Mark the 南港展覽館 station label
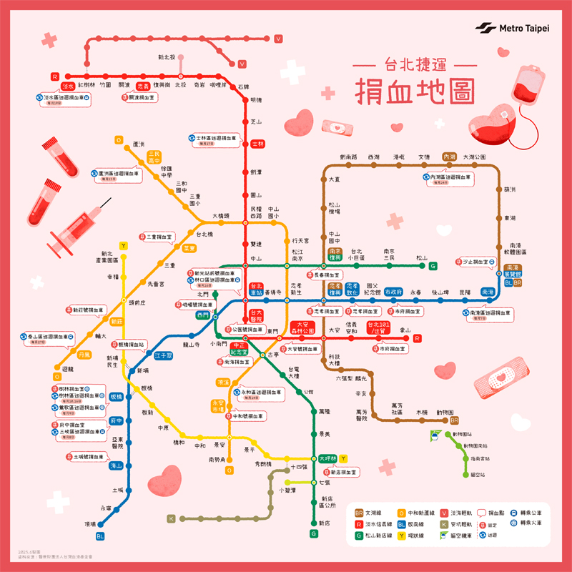click(513, 270)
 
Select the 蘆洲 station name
click(139, 144)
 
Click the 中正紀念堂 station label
click(240, 348)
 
